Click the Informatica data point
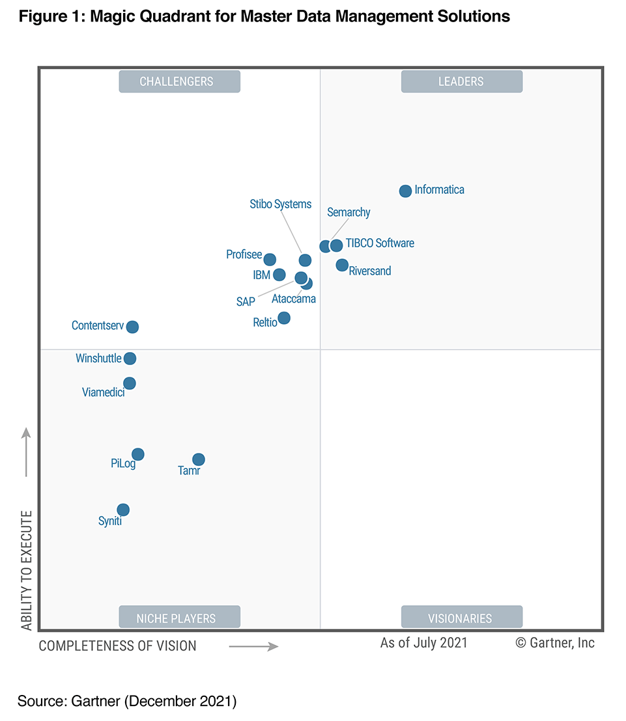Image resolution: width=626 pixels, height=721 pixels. [x=405, y=191]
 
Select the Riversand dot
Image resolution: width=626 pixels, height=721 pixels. [x=342, y=265]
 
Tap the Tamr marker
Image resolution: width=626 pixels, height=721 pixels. [x=199, y=459]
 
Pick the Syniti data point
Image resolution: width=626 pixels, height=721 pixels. [x=123, y=510]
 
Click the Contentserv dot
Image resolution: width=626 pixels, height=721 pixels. [x=132, y=327]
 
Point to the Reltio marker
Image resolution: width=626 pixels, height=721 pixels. [x=284, y=318]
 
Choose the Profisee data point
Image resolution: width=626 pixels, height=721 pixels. [x=270, y=260]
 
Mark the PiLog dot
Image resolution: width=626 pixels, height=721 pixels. [x=138, y=454]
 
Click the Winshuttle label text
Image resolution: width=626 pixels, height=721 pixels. [x=98, y=359]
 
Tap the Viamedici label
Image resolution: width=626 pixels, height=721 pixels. [x=103, y=392]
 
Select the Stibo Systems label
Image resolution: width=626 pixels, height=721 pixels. [x=281, y=204]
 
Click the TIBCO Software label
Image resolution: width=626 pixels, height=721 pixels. [x=380, y=243]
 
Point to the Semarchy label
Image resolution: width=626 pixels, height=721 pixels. [x=349, y=212]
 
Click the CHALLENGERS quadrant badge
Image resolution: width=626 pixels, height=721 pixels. [x=179, y=81]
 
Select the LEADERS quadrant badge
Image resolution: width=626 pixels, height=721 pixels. [x=461, y=81]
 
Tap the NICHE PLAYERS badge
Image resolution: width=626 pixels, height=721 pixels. [x=179, y=618]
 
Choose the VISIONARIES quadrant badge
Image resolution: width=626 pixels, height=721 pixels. [x=461, y=618]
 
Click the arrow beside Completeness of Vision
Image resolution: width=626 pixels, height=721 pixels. [x=253, y=646]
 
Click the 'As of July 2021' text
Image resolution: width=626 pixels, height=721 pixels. [x=424, y=643]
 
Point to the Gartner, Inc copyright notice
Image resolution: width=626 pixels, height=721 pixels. [x=555, y=643]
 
